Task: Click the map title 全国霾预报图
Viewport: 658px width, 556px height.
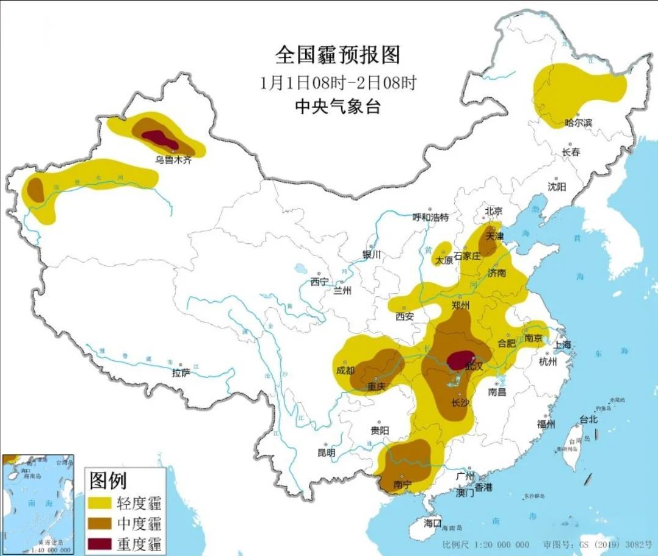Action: pyautogui.click(x=338, y=55)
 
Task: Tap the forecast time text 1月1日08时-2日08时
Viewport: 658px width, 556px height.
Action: pyautogui.click(x=338, y=82)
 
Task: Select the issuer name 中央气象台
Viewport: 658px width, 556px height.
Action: pyautogui.click(x=338, y=107)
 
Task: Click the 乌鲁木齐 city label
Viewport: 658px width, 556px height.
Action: pyautogui.click(x=173, y=160)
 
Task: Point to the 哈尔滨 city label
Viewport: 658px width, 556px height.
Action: pyautogui.click(x=578, y=123)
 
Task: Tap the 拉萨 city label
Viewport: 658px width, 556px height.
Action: pyautogui.click(x=181, y=372)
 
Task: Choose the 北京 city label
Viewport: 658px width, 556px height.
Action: pyautogui.click(x=493, y=211)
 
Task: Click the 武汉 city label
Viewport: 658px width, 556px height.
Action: pyautogui.click(x=474, y=366)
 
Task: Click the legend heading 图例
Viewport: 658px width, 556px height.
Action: pyautogui.click(x=108, y=481)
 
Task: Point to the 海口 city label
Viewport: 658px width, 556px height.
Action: pyautogui.click(x=432, y=523)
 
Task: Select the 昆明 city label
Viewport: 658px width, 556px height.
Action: pyautogui.click(x=326, y=453)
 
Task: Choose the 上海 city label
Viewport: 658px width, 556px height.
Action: pyautogui.click(x=563, y=344)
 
